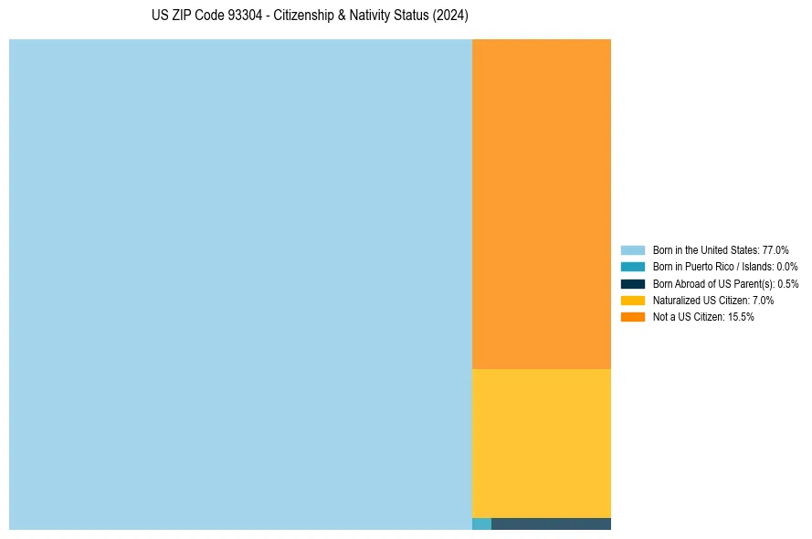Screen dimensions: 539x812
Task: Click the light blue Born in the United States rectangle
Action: coord(240,284)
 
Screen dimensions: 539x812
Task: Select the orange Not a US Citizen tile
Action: coord(541,204)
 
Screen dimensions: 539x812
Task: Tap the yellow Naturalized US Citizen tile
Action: coord(541,443)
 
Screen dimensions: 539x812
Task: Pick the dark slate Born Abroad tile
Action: coord(551,523)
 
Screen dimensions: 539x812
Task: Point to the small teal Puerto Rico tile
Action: coord(481,523)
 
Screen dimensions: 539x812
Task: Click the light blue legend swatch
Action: coord(632,249)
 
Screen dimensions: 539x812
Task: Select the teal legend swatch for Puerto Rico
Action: coord(632,267)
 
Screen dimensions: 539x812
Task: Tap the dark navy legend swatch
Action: coord(632,283)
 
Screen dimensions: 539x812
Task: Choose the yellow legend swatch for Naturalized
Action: coord(632,300)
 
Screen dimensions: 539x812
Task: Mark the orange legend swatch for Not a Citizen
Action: coord(632,317)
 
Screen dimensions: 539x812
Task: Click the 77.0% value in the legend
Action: coord(775,249)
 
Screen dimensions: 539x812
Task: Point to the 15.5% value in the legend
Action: coord(741,317)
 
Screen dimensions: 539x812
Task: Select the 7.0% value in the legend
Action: coord(763,300)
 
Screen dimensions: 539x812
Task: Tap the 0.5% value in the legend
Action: coord(787,283)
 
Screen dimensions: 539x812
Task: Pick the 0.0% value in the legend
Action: coord(786,267)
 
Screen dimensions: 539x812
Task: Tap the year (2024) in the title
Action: coord(450,16)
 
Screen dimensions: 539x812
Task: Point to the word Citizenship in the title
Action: coord(304,16)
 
